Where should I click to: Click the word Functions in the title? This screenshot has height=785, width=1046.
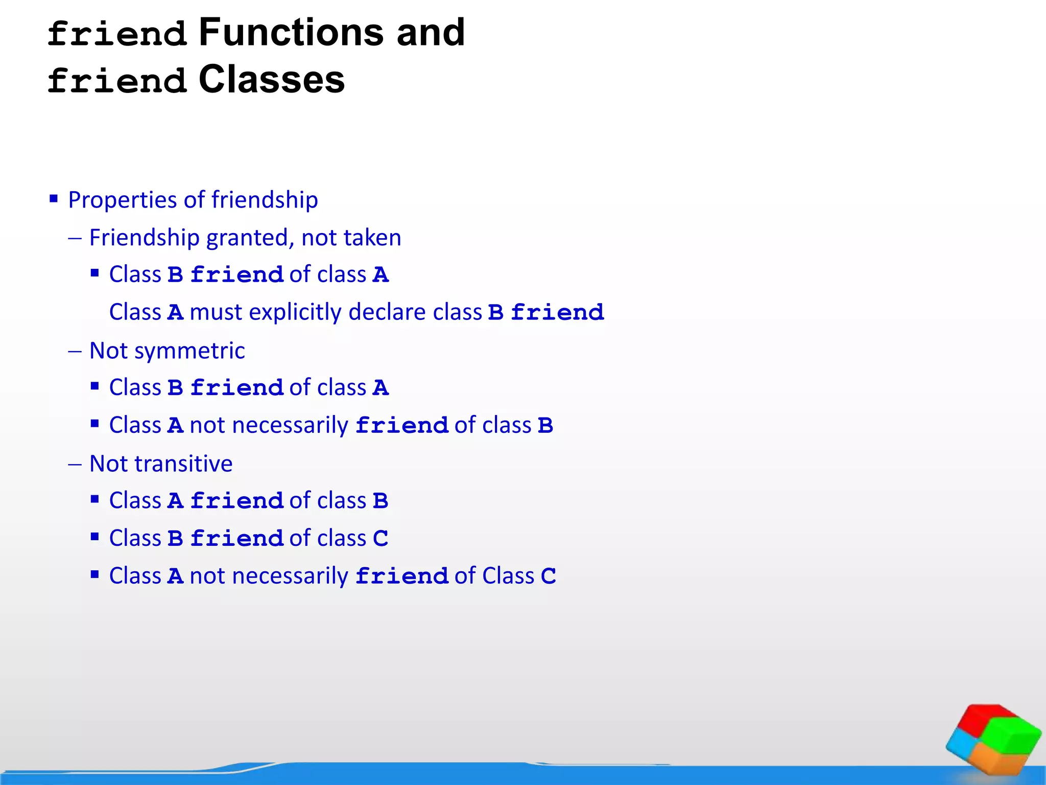click(291, 33)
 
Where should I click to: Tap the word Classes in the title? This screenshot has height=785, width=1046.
click(272, 80)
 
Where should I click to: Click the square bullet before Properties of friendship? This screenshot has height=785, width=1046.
click(54, 198)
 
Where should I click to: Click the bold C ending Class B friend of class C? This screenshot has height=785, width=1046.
click(381, 539)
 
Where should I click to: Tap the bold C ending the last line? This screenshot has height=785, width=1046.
click(549, 576)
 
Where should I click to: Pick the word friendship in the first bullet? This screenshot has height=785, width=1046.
click(265, 200)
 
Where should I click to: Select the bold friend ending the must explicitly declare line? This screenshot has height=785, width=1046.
click(557, 313)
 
